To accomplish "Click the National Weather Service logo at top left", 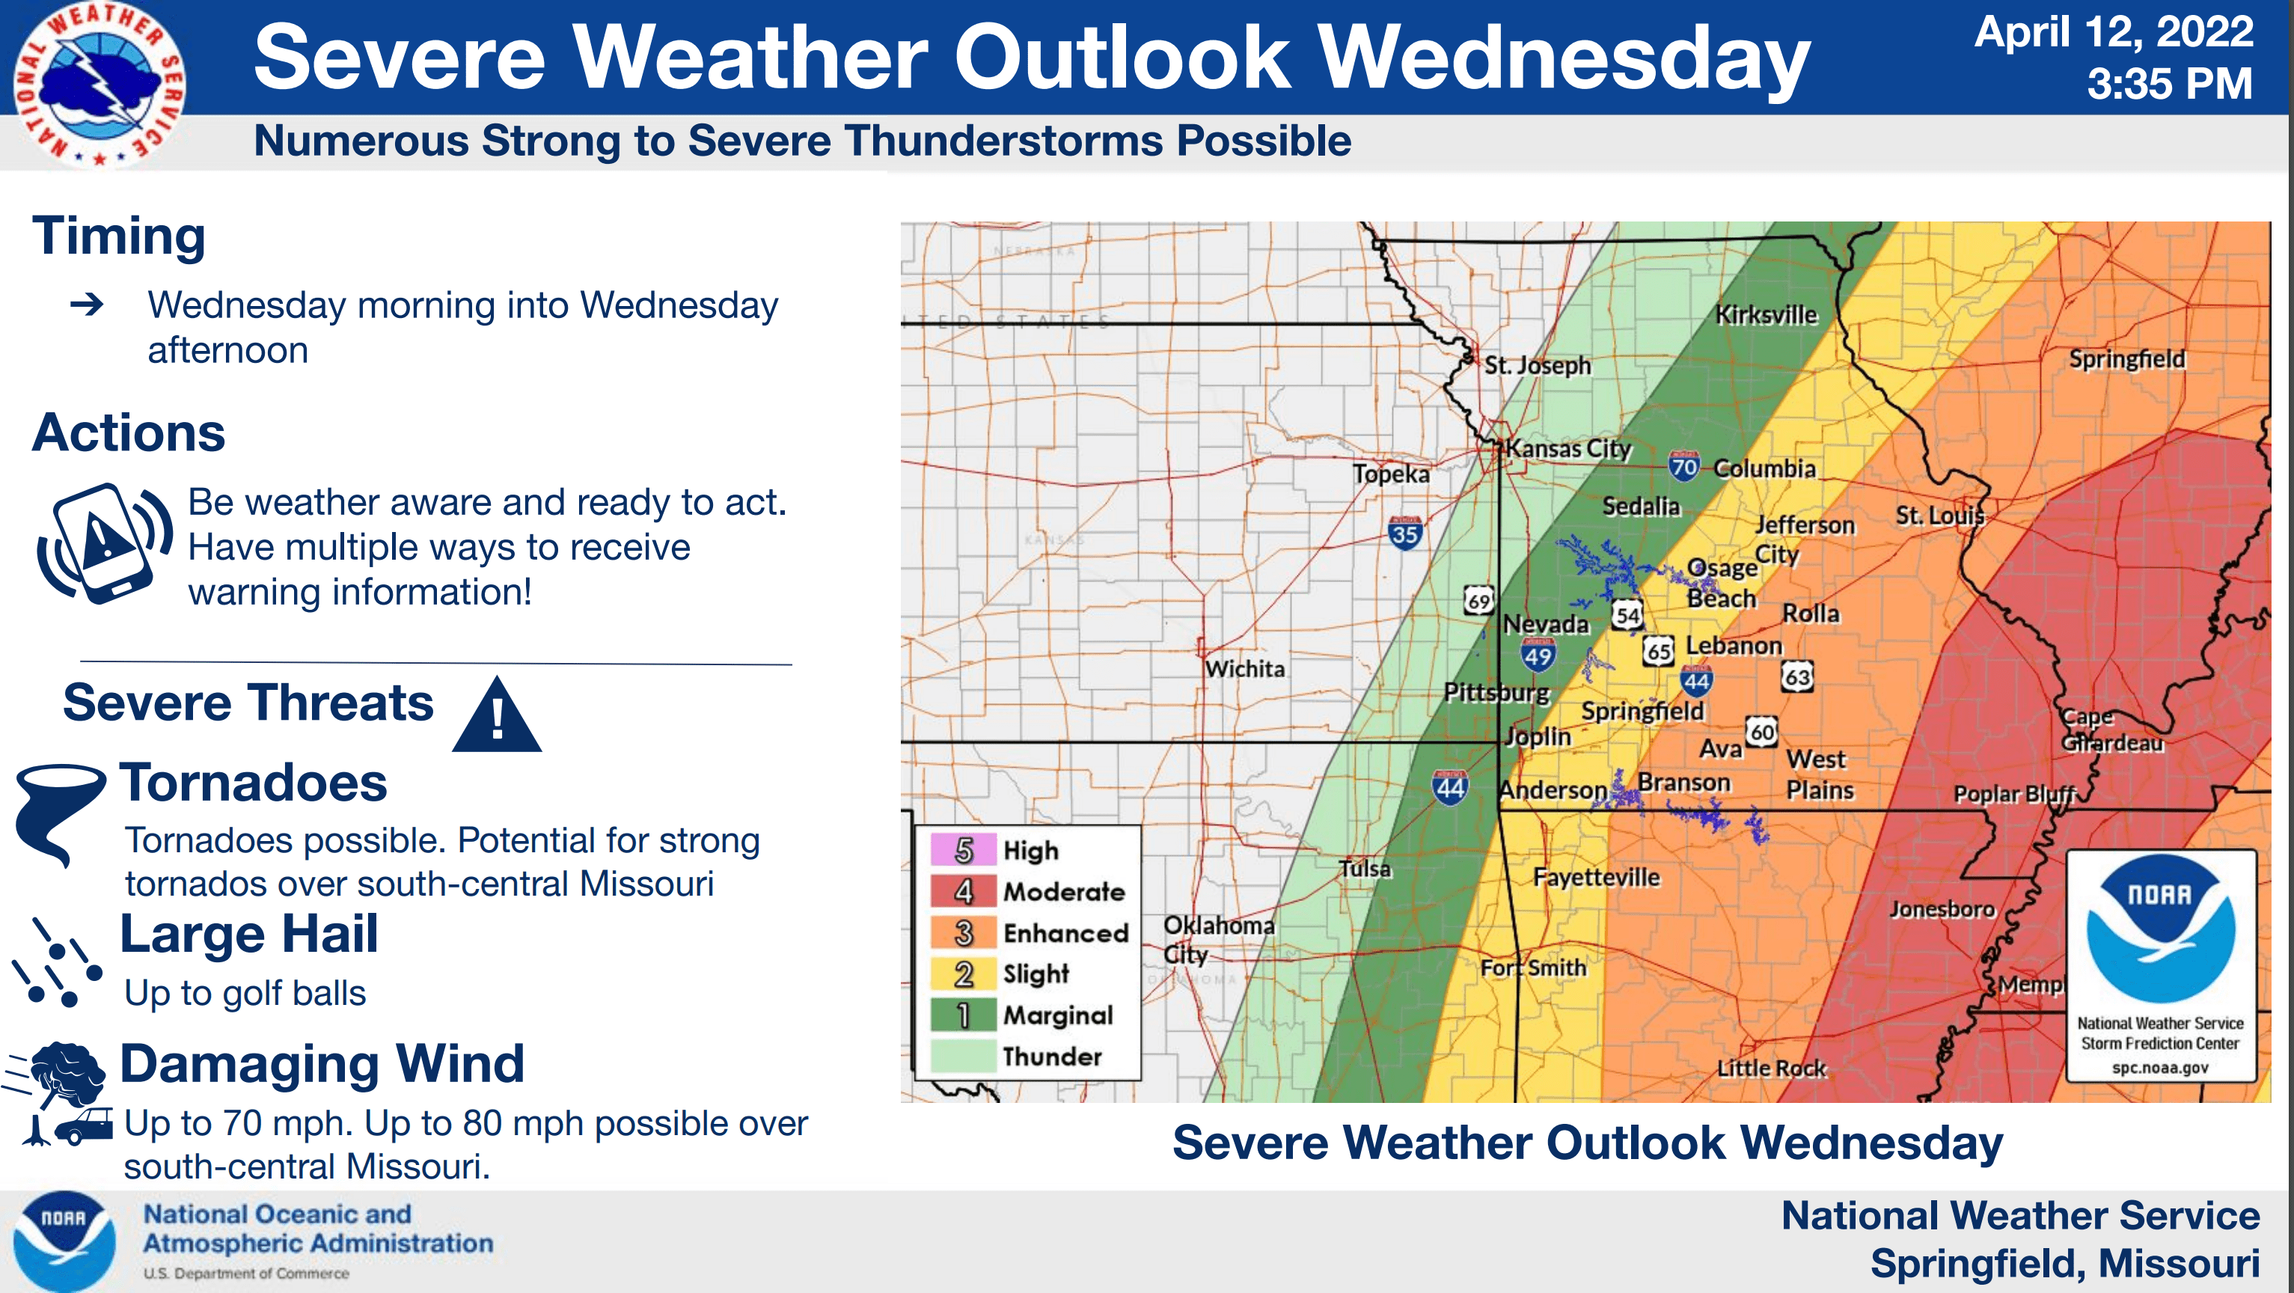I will click(99, 85).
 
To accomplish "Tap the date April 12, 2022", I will click(2112, 32).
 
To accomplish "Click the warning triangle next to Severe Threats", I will click(496, 715).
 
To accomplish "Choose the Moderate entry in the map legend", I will click(1062, 891).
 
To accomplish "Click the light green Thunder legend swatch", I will click(963, 1056).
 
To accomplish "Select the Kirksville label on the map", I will click(1766, 314).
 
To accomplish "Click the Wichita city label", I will click(1244, 669).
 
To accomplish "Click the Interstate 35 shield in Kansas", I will click(1404, 534).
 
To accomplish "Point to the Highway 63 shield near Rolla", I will click(1797, 676).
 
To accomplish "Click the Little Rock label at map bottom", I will click(1771, 1068).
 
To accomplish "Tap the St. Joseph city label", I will click(1537, 365).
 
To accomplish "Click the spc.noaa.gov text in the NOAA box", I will click(2159, 1067).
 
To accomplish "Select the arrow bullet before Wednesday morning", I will click(88, 305).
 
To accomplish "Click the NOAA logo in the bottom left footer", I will click(64, 1241).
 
